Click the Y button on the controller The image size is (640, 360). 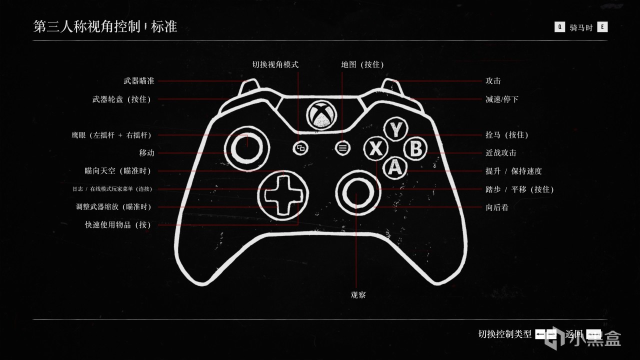pyautogui.click(x=395, y=129)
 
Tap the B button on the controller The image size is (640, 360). pyautogui.click(x=415, y=149)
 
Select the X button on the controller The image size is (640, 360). pyautogui.click(x=376, y=149)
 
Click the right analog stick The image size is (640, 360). pyautogui.click(x=357, y=191)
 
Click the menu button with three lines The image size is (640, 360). pyautogui.click(x=342, y=147)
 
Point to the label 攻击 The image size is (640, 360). pyautogui.click(x=493, y=81)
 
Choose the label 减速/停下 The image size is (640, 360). pyautogui.click(x=502, y=99)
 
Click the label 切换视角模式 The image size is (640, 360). pyautogui.click(x=275, y=64)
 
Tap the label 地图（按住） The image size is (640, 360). pyautogui.click(x=362, y=64)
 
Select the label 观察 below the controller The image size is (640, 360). pyautogui.click(x=358, y=295)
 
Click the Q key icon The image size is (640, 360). pyautogui.click(x=559, y=27)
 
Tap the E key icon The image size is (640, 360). pyautogui.click(x=602, y=27)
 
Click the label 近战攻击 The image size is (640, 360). pyautogui.click(x=501, y=153)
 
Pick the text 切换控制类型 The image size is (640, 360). pyautogui.click(x=505, y=334)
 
